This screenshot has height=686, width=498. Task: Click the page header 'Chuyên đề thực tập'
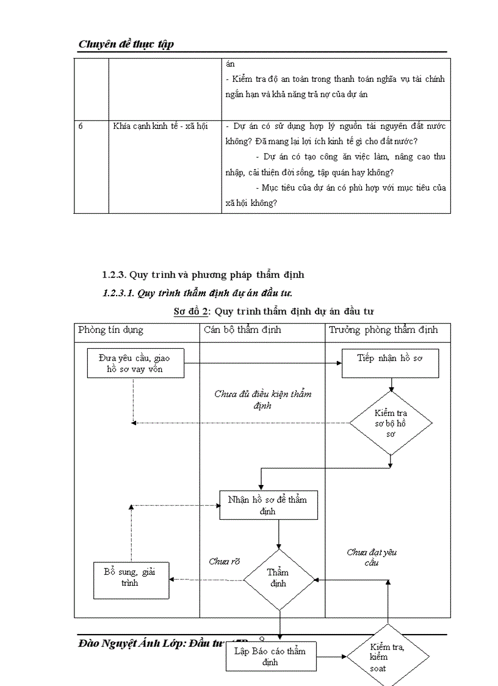(x=126, y=44)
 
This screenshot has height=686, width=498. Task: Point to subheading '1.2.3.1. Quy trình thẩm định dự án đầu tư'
(x=201, y=293)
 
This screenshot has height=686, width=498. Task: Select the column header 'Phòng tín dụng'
(x=111, y=330)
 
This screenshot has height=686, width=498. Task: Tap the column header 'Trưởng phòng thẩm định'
(x=383, y=330)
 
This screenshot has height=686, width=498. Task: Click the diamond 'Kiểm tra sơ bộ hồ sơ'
(x=391, y=423)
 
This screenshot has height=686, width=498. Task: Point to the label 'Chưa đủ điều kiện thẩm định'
(x=262, y=400)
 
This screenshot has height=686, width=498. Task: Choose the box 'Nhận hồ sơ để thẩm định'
(x=268, y=505)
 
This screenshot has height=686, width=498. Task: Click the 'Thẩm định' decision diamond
(x=278, y=578)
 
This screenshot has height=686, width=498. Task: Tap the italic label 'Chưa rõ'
(x=224, y=561)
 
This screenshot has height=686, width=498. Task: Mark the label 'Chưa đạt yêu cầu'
(x=372, y=557)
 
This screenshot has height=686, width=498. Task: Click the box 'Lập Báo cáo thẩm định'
(x=270, y=656)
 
